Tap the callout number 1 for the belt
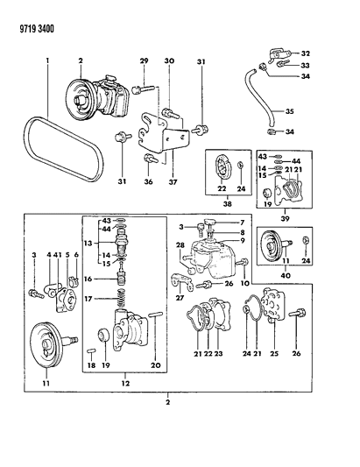click(x=47, y=61)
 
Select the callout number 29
click(x=144, y=60)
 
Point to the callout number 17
click(x=89, y=299)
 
